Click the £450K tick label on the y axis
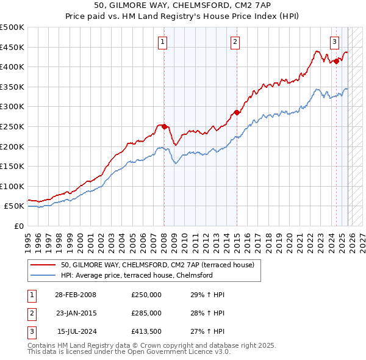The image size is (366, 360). (x=13, y=47)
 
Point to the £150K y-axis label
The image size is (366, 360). (x=13, y=166)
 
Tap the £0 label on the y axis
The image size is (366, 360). (x=19, y=226)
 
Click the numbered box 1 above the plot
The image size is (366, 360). (x=163, y=42)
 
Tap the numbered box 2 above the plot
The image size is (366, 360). (x=235, y=42)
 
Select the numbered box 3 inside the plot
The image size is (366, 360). (x=335, y=42)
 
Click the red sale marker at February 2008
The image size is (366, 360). (x=164, y=126)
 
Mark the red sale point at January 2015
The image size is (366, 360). (x=236, y=112)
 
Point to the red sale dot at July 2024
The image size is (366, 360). (x=336, y=61)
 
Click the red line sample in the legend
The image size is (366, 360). (x=44, y=265)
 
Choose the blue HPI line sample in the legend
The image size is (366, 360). (x=44, y=275)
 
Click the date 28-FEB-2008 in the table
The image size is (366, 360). (x=76, y=295)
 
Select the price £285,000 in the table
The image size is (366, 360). (x=146, y=313)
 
